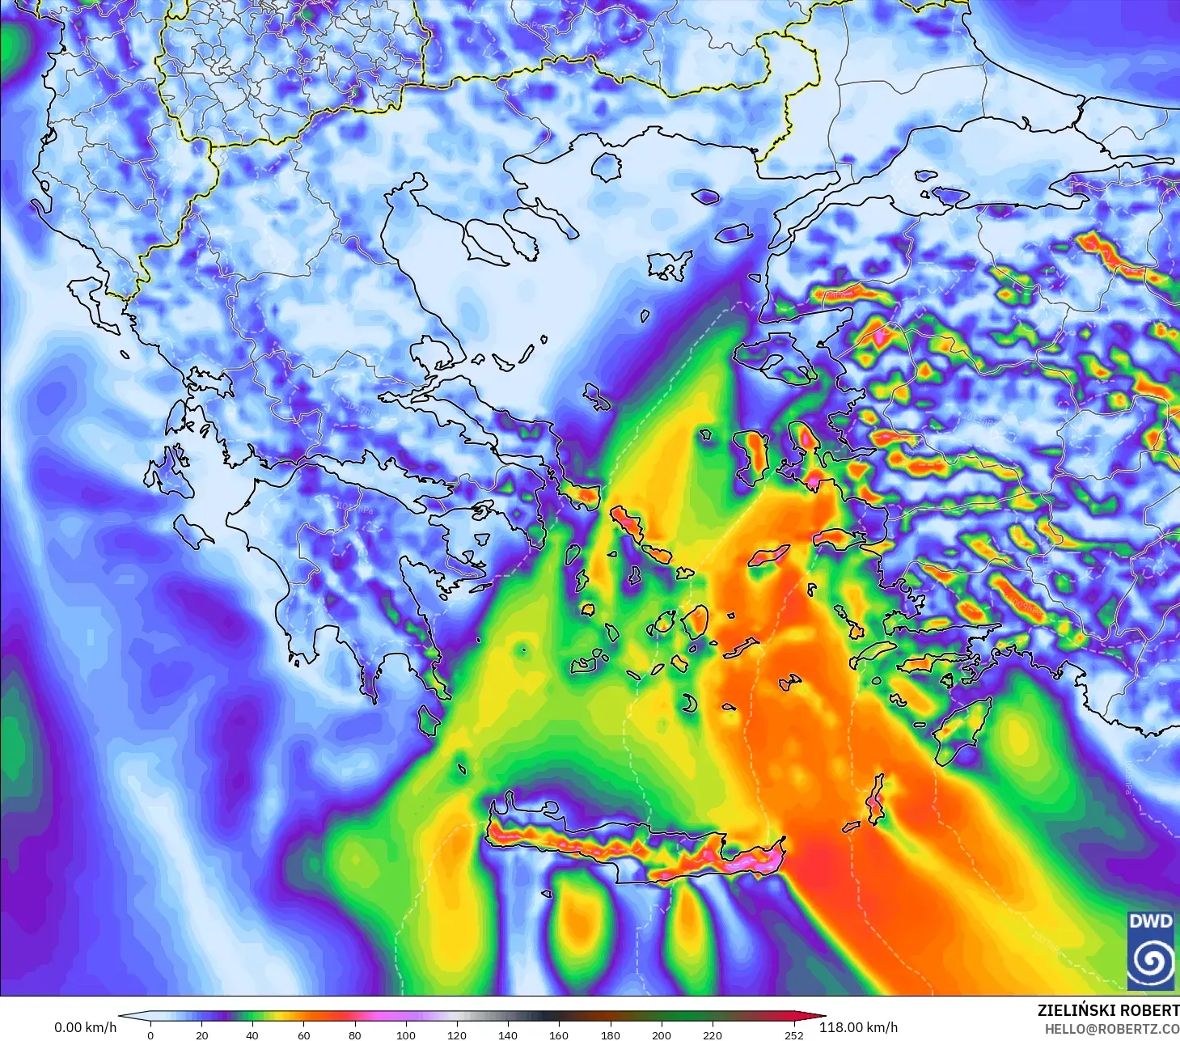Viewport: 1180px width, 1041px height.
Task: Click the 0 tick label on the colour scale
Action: pyautogui.click(x=150, y=1035)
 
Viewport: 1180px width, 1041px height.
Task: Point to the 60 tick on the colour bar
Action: pyautogui.click(x=303, y=1035)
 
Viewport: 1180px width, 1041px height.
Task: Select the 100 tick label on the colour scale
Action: pyautogui.click(x=406, y=1035)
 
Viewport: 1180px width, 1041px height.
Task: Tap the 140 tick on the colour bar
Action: pyautogui.click(x=508, y=1035)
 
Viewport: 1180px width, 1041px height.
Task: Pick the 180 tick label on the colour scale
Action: pyautogui.click(x=610, y=1035)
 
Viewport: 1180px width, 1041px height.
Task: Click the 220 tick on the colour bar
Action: pyautogui.click(x=712, y=1035)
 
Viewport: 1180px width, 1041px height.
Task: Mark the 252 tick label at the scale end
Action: pyautogui.click(x=794, y=1035)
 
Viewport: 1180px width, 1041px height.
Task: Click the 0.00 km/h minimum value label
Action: pyautogui.click(x=85, y=1027)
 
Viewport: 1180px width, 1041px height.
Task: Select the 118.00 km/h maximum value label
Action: pyautogui.click(x=858, y=1027)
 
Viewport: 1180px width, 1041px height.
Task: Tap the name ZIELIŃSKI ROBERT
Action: pyautogui.click(x=1108, y=1010)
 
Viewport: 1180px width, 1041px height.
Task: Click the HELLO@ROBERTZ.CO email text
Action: pyautogui.click(x=1112, y=1028)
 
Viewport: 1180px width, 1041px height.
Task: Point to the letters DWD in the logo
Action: pyautogui.click(x=1150, y=921)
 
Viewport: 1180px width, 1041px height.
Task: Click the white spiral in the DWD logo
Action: pyautogui.click(x=1150, y=960)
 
